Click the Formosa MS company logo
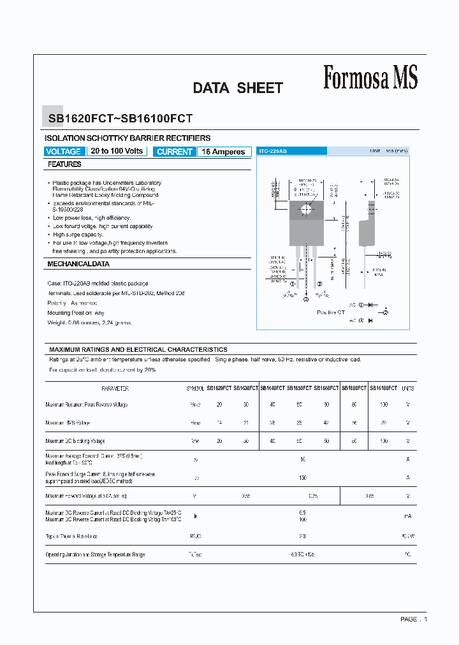coord(370,78)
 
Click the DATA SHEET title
coord(238,89)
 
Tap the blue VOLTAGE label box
coord(64,152)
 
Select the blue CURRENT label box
coord(174,152)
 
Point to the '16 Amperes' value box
coord(223,152)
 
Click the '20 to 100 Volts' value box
coord(117,151)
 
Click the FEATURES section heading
coord(64,164)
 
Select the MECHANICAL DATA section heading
coord(78,264)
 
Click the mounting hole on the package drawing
coord(306,208)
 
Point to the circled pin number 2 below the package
coord(305,299)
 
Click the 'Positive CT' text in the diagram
coord(331,312)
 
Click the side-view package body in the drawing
coord(365,232)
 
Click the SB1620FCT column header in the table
coord(219,388)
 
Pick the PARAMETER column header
coord(115,388)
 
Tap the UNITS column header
coord(408,388)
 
